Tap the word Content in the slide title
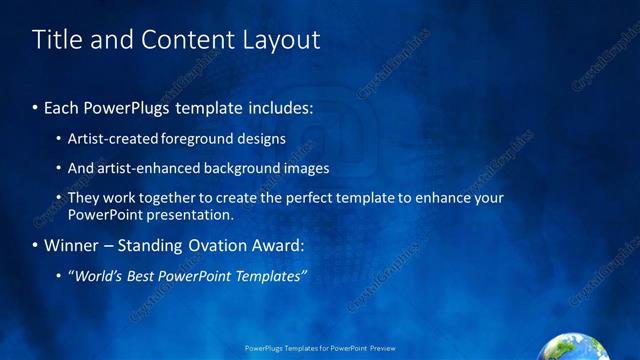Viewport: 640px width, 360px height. click(x=186, y=39)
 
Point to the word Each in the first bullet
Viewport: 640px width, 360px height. click(x=61, y=108)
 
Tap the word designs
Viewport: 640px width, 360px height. click(x=260, y=138)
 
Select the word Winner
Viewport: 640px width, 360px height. click(x=72, y=245)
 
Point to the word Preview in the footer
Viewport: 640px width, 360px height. click(x=383, y=350)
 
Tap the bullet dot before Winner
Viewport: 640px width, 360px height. click(x=36, y=245)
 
